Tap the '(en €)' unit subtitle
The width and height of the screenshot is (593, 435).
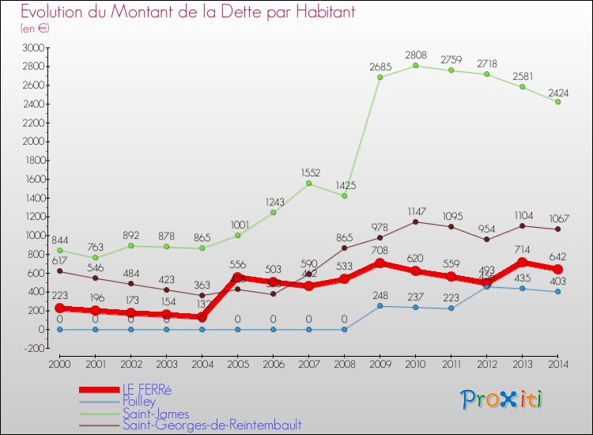point(36,28)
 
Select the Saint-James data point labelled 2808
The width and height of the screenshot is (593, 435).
point(415,66)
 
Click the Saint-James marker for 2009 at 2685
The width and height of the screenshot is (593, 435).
point(380,77)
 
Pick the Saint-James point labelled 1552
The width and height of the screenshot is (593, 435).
point(308,183)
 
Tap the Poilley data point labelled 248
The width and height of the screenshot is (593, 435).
point(380,306)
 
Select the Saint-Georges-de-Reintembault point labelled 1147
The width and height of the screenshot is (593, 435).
point(415,221)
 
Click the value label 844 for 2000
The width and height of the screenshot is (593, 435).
point(60,240)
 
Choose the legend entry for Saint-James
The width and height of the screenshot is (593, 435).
point(156,414)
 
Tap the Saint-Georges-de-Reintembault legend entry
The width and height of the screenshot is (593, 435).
point(212,426)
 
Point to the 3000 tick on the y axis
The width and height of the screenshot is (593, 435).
point(34,47)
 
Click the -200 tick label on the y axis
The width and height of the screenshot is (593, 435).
point(34,348)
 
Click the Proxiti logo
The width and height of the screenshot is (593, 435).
point(502,399)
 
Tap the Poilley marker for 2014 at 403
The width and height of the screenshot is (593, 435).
point(557,292)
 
